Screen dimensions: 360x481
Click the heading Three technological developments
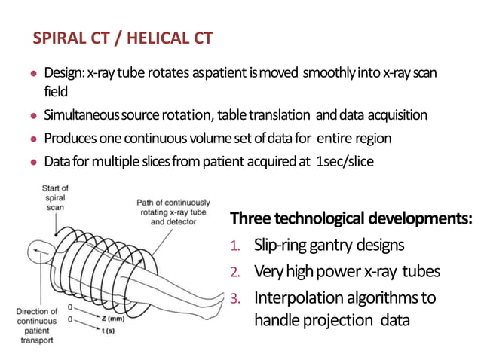point(351,218)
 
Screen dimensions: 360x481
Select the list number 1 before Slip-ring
point(234,246)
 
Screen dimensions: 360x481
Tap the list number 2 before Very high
point(235,271)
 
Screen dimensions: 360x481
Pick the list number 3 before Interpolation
point(235,297)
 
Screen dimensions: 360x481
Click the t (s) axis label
point(110,331)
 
